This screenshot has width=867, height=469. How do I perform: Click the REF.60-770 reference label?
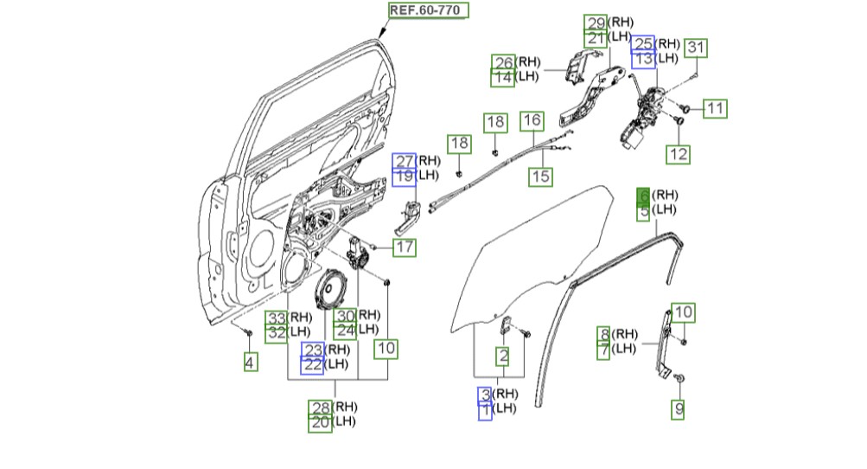[x=428, y=10]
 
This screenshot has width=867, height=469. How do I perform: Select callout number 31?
[x=696, y=48]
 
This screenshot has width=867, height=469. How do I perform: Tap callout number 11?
[x=715, y=108]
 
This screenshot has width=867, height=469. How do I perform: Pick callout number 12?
[x=678, y=155]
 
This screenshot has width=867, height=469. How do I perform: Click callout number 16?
[x=532, y=120]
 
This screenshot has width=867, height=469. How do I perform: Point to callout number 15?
[x=540, y=177]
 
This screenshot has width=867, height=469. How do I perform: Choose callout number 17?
[x=405, y=247]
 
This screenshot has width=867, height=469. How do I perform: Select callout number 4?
[x=251, y=363]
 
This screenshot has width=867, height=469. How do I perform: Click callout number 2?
[x=502, y=357]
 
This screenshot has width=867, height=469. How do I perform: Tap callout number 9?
[x=678, y=410]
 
